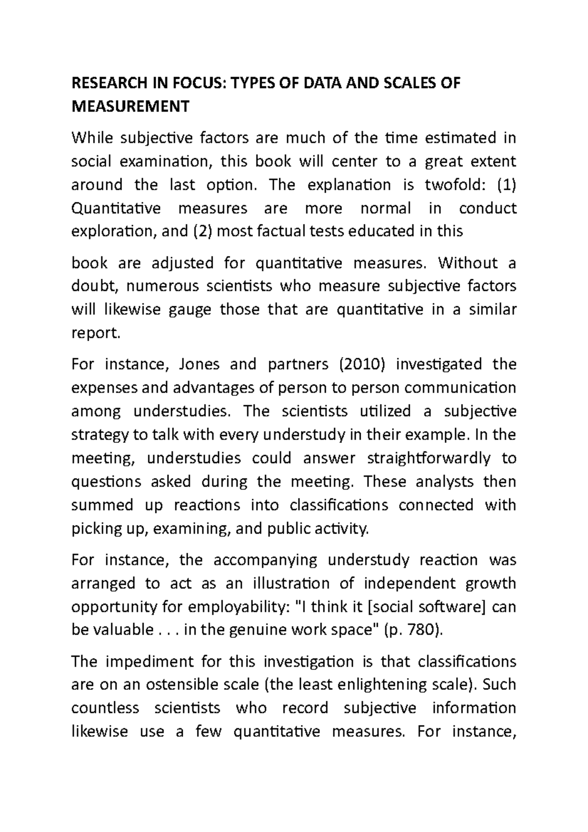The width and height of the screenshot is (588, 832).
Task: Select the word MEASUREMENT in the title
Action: click(x=130, y=106)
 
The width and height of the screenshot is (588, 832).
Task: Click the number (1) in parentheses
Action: click(x=507, y=185)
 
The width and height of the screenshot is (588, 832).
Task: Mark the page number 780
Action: click(x=426, y=630)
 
